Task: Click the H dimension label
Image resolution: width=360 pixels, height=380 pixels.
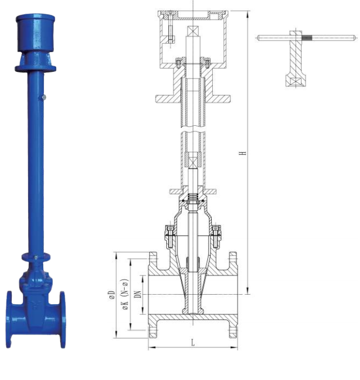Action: [243, 153]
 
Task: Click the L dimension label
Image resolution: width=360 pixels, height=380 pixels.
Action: [193, 343]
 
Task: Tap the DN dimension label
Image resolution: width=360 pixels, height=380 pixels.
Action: [138, 294]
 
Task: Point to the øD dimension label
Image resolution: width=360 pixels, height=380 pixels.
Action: [112, 295]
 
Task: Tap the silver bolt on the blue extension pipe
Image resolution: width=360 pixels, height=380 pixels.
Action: [44, 98]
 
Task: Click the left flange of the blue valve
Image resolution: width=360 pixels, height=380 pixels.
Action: [9, 319]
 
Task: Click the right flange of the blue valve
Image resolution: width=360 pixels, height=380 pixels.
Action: [62, 319]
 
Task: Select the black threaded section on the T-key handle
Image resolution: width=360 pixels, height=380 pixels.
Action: [307, 38]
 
